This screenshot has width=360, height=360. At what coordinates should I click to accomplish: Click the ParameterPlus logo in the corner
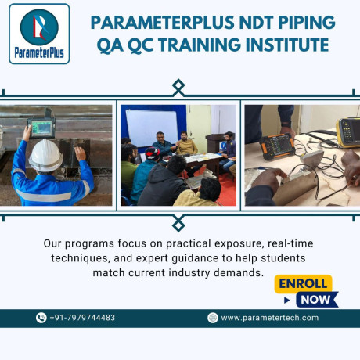pyautogui.click(x=38, y=34)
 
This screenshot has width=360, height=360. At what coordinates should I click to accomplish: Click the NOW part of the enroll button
pyautogui.click(x=314, y=299)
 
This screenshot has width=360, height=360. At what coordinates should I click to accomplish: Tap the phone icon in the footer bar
pyautogui.click(x=41, y=318)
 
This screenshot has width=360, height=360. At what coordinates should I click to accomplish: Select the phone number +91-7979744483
pyautogui.click(x=82, y=318)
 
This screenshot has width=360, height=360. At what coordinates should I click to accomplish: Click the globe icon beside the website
pyautogui.click(x=212, y=318)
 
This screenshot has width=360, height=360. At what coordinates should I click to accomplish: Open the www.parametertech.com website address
pyautogui.click(x=270, y=318)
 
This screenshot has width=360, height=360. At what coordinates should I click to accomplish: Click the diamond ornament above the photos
pyautogui.click(x=178, y=86)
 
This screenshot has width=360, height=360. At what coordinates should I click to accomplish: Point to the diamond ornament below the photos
pyautogui.click(x=178, y=221)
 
